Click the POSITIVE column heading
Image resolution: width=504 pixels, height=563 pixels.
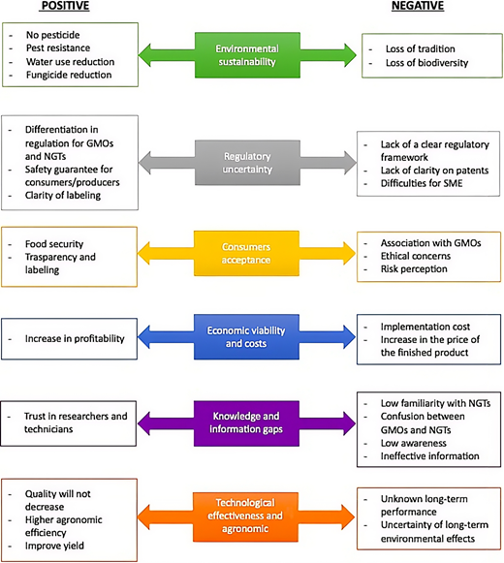click(x=65, y=6)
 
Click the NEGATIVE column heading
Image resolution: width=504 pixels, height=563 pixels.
click(x=418, y=6)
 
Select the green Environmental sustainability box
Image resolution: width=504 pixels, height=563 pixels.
click(x=247, y=55)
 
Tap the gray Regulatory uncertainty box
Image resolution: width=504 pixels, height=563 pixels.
click(x=247, y=163)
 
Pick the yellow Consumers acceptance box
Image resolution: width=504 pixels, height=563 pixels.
click(x=246, y=254)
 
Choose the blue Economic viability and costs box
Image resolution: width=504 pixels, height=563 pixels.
click(x=246, y=337)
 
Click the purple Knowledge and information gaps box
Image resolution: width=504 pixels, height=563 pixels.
click(x=246, y=423)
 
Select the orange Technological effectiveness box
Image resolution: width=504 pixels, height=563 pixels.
click(x=246, y=516)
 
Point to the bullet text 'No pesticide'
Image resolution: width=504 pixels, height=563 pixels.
click(x=52, y=35)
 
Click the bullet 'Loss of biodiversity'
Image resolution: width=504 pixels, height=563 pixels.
click(x=426, y=63)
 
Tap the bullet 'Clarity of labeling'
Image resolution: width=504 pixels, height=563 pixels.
click(x=63, y=196)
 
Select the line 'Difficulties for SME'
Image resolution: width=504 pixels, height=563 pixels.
click(x=422, y=183)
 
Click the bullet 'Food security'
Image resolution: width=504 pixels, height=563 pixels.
click(x=54, y=244)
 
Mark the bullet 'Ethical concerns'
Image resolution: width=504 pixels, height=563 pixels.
click(x=416, y=256)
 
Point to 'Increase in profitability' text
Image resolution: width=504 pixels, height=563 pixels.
click(x=75, y=338)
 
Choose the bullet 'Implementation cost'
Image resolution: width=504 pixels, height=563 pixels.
click(x=425, y=327)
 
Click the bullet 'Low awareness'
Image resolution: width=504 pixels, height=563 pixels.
click(x=414, y=443)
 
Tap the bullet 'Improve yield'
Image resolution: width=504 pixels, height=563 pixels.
click(x=54, y=546)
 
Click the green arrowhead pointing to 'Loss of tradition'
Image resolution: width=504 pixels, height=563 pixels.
click(x=350, y=55)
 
